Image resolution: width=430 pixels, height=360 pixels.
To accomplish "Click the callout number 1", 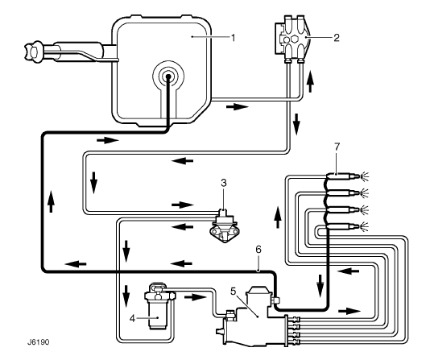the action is tap(234, 37).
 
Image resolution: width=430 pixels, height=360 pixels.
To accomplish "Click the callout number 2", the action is tap(337, 37).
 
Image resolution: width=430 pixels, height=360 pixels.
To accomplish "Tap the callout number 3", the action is tap(224, 183).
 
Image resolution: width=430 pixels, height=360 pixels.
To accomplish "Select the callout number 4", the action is tap(132, 318).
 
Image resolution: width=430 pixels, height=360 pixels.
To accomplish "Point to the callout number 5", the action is tap(233, 292).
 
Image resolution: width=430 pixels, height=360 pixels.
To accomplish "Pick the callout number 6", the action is tap(258, 250).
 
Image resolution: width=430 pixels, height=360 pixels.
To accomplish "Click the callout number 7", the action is tap(337, 147).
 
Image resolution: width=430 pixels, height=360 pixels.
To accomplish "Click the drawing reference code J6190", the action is tap(38, 342).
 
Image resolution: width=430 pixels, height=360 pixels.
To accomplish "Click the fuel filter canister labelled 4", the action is tap(157, 307).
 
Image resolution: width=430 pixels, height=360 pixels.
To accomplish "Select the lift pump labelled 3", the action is tap(224, 226).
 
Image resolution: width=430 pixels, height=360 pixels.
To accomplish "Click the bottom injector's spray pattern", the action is tap(365, 226).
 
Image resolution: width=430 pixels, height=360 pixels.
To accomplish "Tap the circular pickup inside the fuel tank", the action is tap(167, 77).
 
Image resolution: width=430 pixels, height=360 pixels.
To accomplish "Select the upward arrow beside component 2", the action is tap(310, 81).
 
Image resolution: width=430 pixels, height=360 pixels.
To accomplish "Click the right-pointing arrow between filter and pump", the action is tap(195, 297).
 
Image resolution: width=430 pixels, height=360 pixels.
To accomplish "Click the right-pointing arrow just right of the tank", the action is tap(238, 106).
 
